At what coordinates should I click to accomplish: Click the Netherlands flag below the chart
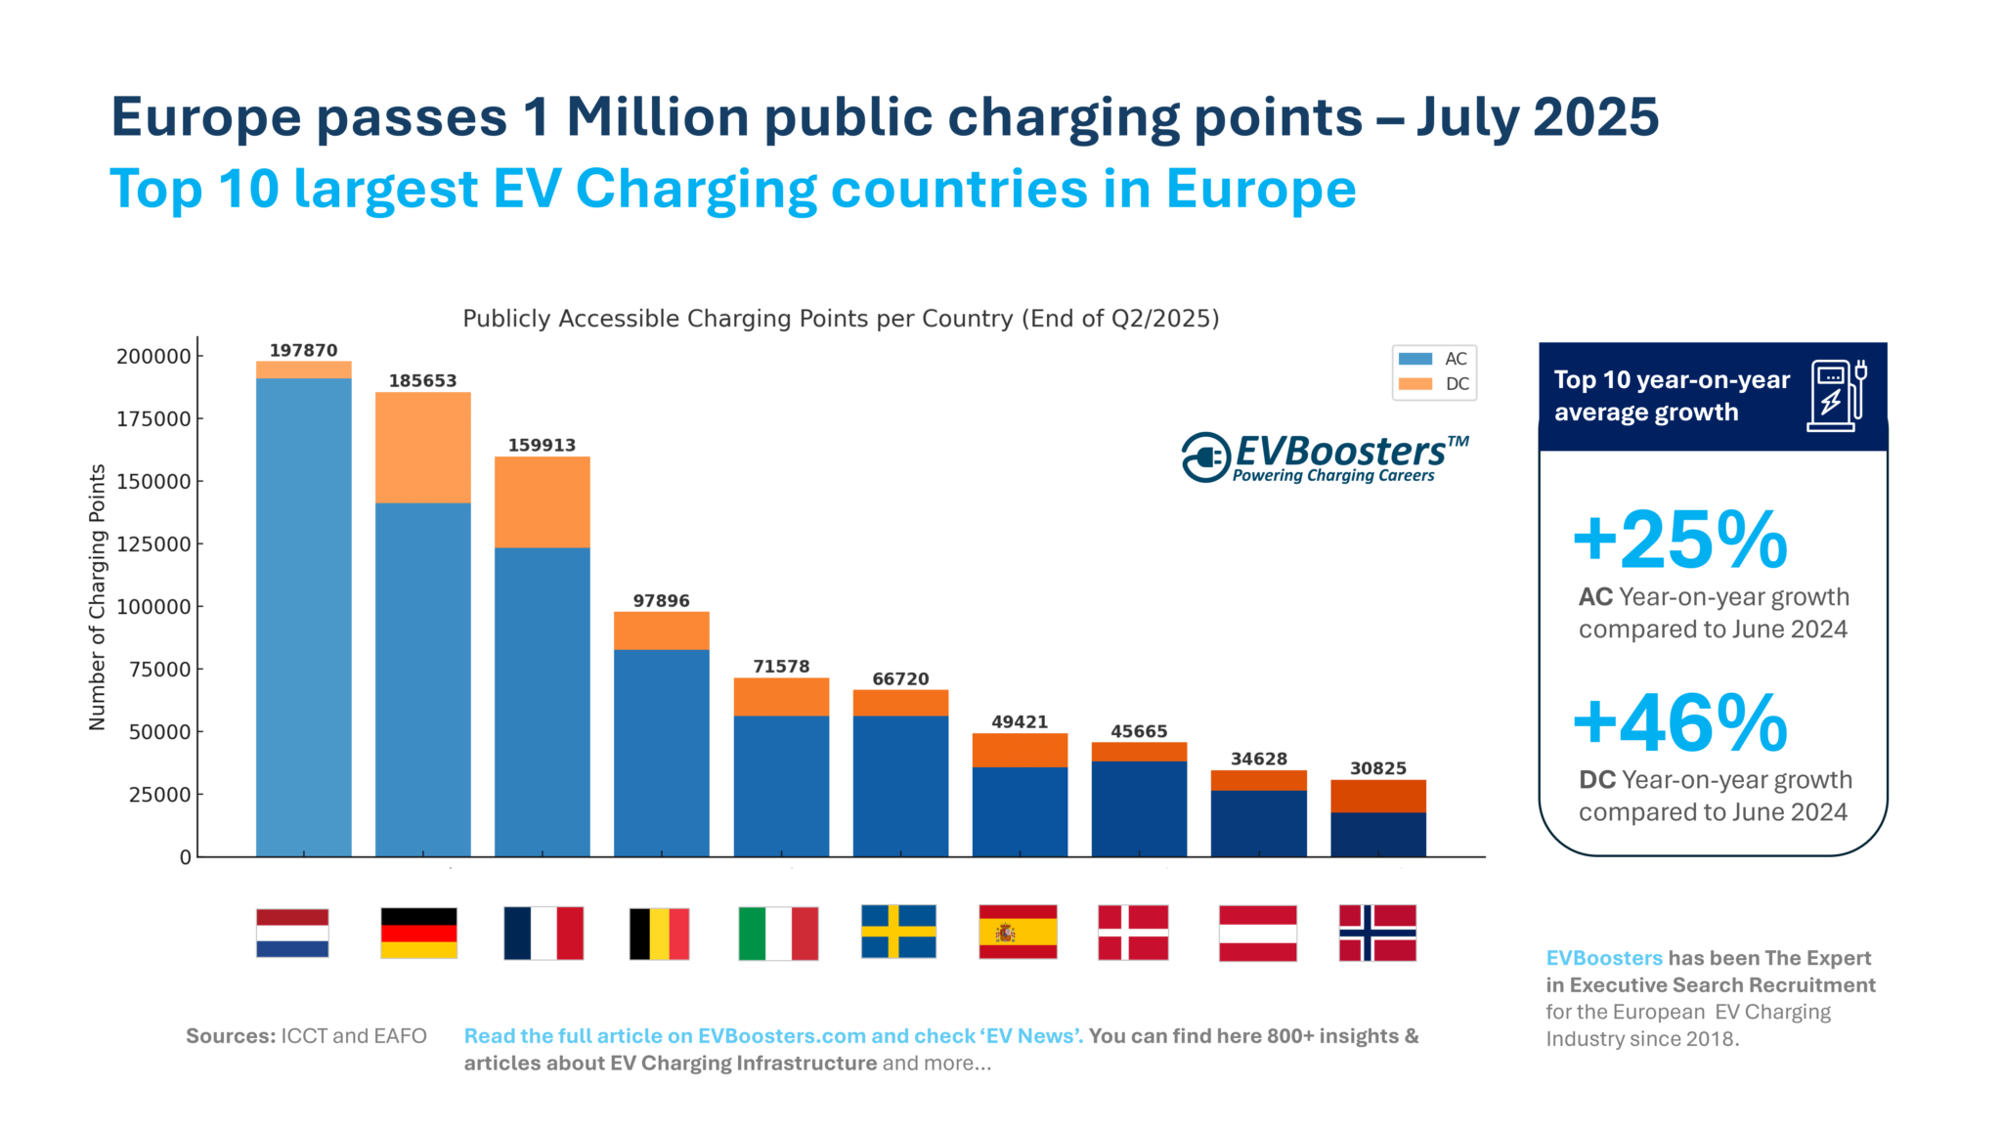pos(292,933)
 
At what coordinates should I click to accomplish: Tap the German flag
pos(418,933)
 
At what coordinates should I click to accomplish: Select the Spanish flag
pos(1018,932)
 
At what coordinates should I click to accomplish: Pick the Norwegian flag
pos(1377,933)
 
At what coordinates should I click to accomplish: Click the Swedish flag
pos(898,931)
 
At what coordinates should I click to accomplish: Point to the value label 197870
pos(303,350)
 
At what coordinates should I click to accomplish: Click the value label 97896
pos(661,600)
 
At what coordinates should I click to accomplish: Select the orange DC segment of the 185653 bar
pos(422,448)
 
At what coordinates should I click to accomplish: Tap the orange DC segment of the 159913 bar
pos(542,501)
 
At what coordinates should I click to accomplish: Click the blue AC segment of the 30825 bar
pos(1377,834)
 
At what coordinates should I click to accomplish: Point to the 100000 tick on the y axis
pos(153,607)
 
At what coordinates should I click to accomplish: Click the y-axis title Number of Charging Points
pos(97,597)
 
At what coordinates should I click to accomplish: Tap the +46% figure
pos(1680,723)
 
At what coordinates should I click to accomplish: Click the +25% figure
pos(1680,540)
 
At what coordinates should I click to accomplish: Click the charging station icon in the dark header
pos(1837,395)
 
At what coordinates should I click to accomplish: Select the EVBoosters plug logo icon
pos(1205,457)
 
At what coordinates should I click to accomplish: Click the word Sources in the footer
pos(231,1036)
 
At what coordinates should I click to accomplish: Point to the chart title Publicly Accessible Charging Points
pos(841,319)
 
